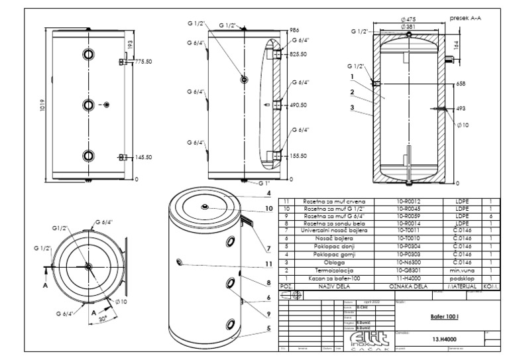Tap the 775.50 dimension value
pyautogui.click(x=144, y=61)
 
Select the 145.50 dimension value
pyautogui.click(x=144, y=157)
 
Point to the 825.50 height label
pyautogui.click(x=298, y=54)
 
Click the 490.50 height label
pyautogui.click(x=298, y=105)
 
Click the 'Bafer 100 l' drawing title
pyautogui.click(x=439, y=316)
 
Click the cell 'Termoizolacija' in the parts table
pyautogui.click(x=329, y=270)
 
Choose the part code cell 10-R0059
pyautogui.click(x=410, y=215)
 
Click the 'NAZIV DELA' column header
pyautogui.click(x=329, y=286)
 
